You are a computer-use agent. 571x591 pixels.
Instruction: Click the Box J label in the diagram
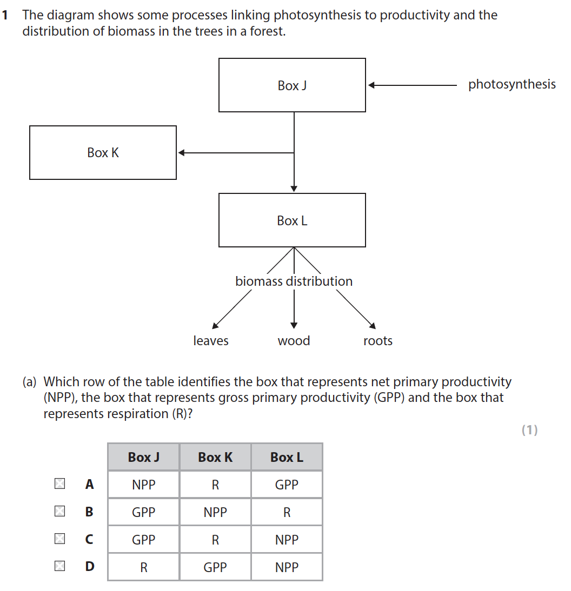(x=292, y=85)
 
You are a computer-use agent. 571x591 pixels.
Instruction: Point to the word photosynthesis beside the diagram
(x=512, y=84)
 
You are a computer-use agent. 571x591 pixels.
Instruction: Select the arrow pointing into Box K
(x=236, y=153)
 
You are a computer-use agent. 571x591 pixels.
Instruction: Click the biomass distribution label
(x=294, y=281)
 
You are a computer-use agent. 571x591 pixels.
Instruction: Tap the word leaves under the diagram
(x=211, y=341)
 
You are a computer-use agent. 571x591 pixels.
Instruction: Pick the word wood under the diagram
(x=294, y=341)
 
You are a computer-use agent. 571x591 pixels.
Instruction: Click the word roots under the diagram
(x=378, y=341)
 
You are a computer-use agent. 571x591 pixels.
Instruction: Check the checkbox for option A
(x=59, y=484)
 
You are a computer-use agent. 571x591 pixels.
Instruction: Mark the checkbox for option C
(x=59, y=539)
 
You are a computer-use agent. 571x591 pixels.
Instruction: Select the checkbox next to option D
(x=59, y=566)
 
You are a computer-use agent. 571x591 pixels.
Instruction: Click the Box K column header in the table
(x=215, y=458)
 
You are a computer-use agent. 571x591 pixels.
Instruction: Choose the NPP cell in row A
(x=144, y=485)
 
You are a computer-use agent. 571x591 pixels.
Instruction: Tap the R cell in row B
(x=287, y=513)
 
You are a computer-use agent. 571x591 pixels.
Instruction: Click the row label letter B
(x=89, y=512)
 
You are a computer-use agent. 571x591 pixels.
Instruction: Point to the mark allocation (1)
(x=529, y=430)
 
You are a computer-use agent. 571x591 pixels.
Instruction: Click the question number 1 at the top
(x=5, y=15)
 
